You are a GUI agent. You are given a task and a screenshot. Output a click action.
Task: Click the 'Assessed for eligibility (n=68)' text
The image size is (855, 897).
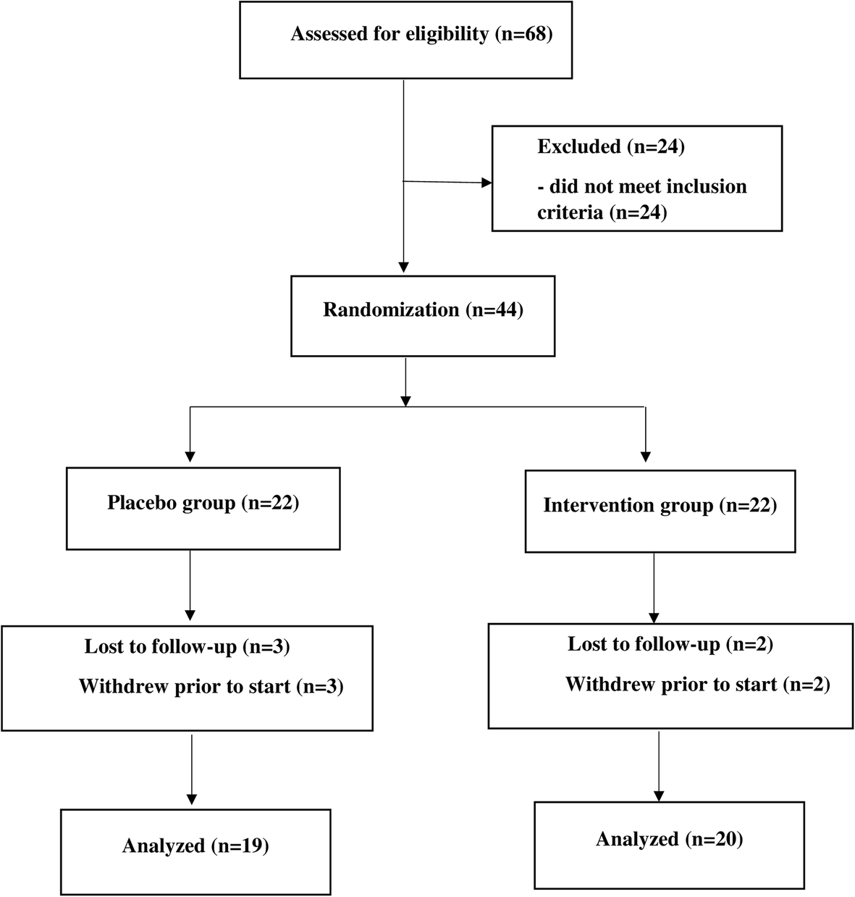[421, 34]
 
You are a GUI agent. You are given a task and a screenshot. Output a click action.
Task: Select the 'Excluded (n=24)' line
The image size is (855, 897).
[611, 146]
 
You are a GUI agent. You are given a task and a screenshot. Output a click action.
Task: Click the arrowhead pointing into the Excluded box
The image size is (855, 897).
[486, 183]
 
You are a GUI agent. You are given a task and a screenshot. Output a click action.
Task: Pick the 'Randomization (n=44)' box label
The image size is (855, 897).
[423, 310]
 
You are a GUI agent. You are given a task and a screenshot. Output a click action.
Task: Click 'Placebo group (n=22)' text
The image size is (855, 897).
[203, 503]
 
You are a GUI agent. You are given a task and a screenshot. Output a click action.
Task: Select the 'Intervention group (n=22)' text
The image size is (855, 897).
[660, 505]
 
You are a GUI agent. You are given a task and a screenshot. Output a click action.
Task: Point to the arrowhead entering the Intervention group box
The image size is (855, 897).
[645, 456]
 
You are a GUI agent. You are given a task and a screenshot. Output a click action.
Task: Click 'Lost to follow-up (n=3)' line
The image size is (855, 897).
[187, 646]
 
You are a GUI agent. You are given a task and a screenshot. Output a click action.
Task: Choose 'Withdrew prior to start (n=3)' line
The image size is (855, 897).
[211, 686]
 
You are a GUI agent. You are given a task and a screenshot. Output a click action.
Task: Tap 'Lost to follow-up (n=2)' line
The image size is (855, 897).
[670, 644]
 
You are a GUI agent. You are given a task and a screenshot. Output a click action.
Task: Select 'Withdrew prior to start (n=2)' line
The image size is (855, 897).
[697, 684]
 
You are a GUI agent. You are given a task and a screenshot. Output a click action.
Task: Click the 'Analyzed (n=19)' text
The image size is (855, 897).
[195, 846]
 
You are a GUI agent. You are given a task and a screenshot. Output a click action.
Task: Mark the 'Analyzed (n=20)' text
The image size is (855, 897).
[670, 839]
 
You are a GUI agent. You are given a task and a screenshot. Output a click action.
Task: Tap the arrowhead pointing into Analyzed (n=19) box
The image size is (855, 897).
[192, 801]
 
